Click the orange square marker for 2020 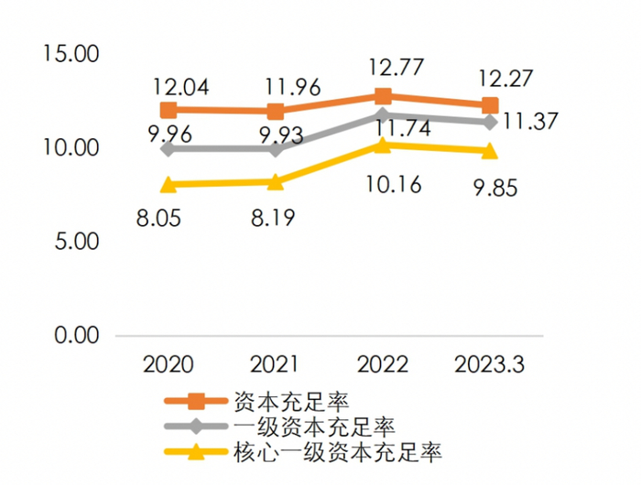pyautogui.click(x=168, y=111)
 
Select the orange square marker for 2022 pyautogui.click(x=383, y=96)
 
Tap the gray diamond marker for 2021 pyautogui.click(x=276, y=148)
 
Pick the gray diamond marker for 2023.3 pyautogui.click(x=490, y=122)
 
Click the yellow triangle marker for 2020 pyautogui.click(x=168, y=185)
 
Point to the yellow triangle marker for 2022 pyautogui.click(x=383, y=145)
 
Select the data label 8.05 pyautogui.click(x=169, y=221)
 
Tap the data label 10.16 pyautogui.click(x=392, y=186)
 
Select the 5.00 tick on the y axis pyautogui.click(x=76, y=242)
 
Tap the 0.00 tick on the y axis pyautogui.click(x=76, y=336)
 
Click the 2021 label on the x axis pyautogui.click(x=275, y=365)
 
